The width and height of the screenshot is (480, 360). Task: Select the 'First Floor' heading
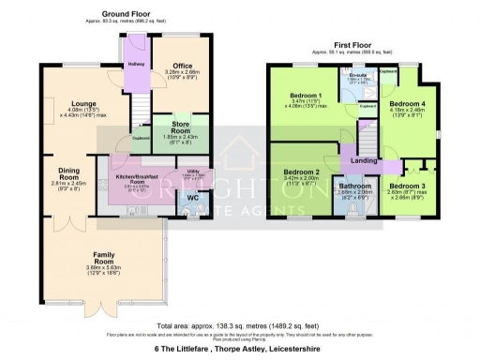coord(349,44)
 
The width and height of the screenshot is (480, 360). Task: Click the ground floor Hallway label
coord(132,65)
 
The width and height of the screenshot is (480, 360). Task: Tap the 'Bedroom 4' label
coord(407,104)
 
